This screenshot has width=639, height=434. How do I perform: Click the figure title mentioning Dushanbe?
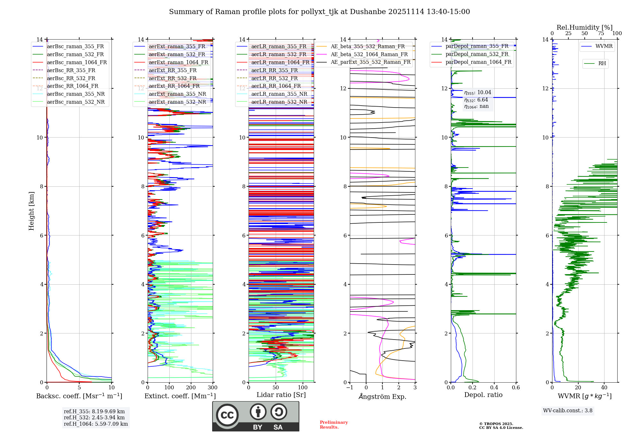(x=319, y=12)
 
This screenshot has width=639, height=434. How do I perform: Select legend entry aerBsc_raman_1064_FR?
(x=77, y=63)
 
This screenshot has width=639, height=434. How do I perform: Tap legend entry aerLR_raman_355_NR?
(x=279, y=94)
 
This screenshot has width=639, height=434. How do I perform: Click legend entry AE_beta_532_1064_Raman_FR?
(x=369, y=55)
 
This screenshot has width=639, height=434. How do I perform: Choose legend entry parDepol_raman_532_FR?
(x=477, y=54)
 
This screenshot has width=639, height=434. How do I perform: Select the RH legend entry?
(x=602, y=64)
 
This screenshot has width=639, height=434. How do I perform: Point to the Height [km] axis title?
(x=31, y=211)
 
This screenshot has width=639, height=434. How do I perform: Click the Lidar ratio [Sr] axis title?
(x=281, y=395)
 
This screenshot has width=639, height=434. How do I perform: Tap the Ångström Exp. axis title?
(x=382, y=397)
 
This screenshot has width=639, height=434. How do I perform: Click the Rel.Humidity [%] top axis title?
(x=584, y=27)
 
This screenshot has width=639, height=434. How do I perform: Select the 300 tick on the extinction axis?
(x=212, y=388)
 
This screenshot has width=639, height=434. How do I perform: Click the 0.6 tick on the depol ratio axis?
(x=516, y=388)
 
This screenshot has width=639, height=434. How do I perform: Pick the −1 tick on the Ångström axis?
(x=350, y=388)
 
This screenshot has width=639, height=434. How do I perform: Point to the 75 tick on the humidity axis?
(x=601, y=34)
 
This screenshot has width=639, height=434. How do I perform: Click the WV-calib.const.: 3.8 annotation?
(x=568, y=411)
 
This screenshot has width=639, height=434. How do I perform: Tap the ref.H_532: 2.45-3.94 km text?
(x=94, y=418)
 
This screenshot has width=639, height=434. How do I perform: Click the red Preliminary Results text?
(x=334, y=425)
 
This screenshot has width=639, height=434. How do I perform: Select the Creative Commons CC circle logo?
(x=227, y=415)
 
